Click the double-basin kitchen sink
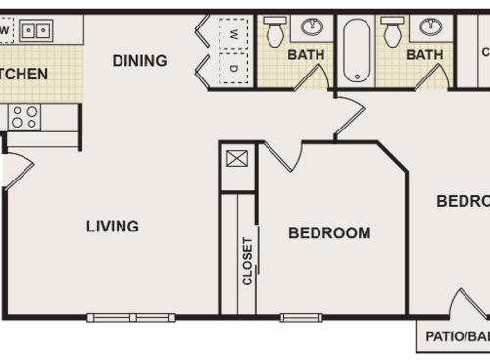pos(36,30)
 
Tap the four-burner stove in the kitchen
pos(24,118)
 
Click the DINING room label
pos(139,61)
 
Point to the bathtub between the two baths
pos(356,49)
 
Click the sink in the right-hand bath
pos(430,26)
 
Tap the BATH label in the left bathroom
pos(306,55)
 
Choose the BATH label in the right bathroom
pos(424,55)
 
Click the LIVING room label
pos(112,227)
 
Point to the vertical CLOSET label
pos(248,261)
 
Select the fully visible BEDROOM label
pos(329,233)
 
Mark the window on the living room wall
pos(130,317)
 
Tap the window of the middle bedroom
pos(301,317)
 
